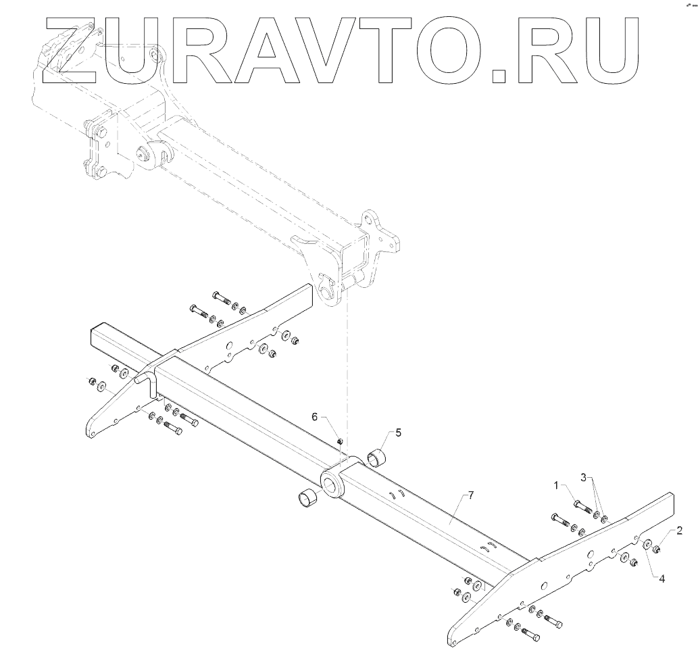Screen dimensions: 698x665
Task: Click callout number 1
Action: point(557,485)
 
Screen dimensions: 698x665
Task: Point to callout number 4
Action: point(662,579)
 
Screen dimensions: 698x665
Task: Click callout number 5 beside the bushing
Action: point(398,431)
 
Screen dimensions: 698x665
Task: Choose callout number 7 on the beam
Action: point(470,495)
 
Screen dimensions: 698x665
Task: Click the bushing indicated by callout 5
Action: point(376,458)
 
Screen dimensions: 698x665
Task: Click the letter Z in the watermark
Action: point(68,51)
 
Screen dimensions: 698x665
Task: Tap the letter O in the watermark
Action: point(447,51)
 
